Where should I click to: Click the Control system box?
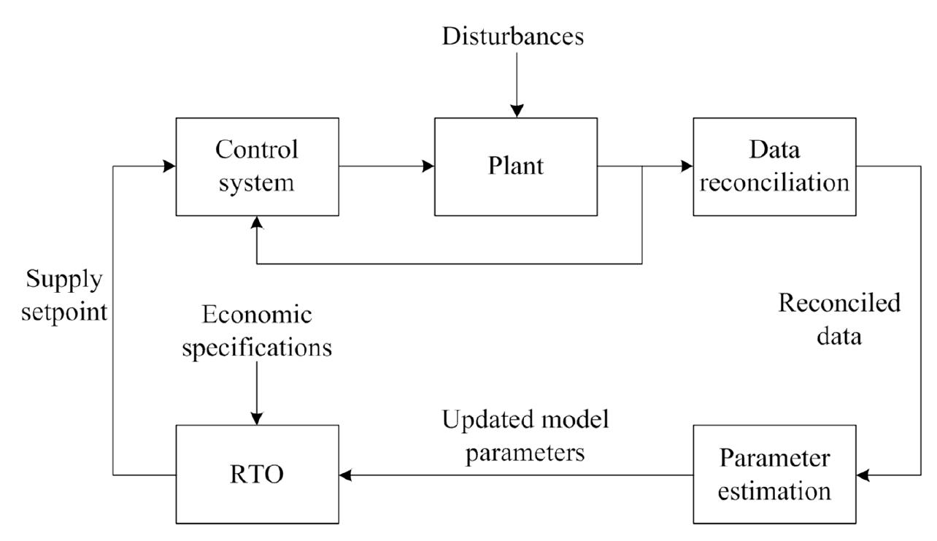(x=257, y=166)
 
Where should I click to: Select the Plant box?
(x=515, y=166)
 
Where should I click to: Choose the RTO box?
(x=257, y=475)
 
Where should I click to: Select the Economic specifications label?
(x=257, y=331)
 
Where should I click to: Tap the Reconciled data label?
(x=839, y=320)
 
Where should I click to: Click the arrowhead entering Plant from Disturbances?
(x=516, y=110)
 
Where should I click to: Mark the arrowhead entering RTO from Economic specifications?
(x=257, y=418)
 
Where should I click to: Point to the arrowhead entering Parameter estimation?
(x=864, y=475)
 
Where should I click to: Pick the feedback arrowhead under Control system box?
(x=257, y=222)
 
